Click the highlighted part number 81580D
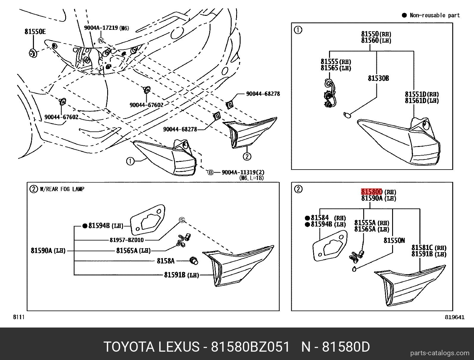(x=372, y=192)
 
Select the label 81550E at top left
(x=35, y=31)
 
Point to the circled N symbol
(x=101, y=40)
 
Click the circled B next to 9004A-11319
(x=211, y=172)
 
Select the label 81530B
(x=378, y=78)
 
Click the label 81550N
(x=394, y=240)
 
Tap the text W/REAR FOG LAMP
(x=62, y=189)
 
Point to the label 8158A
(x=166, y=261)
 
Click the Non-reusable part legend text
(x=434, y=15)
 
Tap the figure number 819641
(x=455, y=317)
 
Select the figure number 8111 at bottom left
(x=18, y=317)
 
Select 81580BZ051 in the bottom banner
(x=250, y=347)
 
